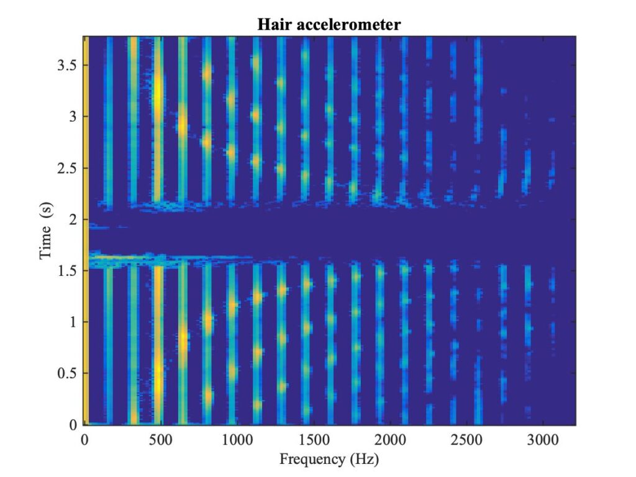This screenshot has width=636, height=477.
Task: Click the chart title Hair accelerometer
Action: [x=329, y=24]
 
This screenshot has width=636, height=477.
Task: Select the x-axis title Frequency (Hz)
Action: [x=329, y=460]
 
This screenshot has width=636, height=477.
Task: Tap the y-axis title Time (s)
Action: [x=46, y=230]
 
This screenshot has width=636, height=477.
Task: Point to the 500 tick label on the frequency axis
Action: [x=161, y=440]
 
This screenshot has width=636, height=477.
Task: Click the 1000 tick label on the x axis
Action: [x=237, y=440]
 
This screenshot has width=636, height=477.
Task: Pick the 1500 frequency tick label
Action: [x=314, y=440]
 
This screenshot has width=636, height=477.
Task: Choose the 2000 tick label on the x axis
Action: [x=390, y=440]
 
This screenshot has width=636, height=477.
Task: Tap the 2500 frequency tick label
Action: [x=466, y=440]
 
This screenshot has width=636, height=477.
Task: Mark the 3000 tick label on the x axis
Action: [x=543, y=440]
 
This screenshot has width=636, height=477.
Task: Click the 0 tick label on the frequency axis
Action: [x=84, y=440]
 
